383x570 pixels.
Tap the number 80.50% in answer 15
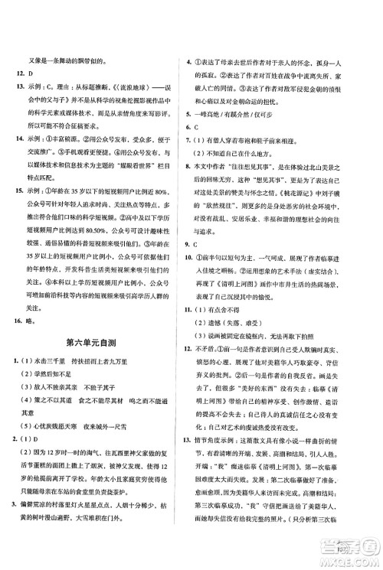(x=105, y=225)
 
